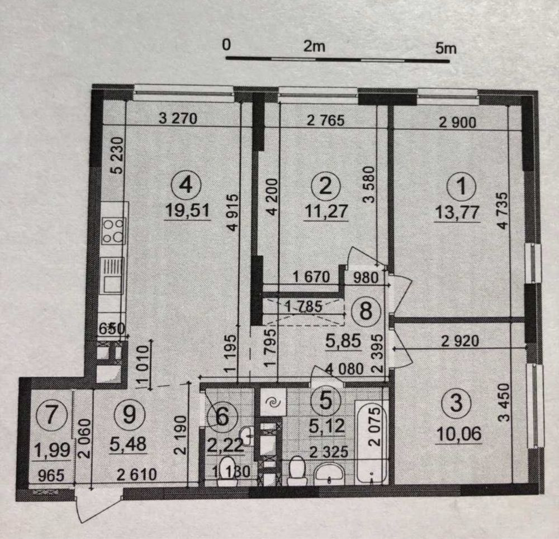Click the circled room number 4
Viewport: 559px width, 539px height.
tap(187, 186)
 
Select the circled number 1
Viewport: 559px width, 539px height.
tap(461, 186)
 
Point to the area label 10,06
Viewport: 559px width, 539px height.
tap(458, 434)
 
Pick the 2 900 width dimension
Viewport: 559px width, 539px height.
tap(457, 123)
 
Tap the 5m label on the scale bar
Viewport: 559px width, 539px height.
tap(446, 48)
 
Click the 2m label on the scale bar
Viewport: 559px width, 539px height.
tap(314, 46)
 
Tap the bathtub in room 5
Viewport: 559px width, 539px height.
tap(372, 442)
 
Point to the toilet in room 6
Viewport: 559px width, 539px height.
tap(228, 472)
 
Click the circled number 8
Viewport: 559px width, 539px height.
tap(366, 311)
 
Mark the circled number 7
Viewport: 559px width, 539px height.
tap(52, 415)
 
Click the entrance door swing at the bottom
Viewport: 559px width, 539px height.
tap(97, 507)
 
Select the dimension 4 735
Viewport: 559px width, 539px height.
tap(503, 211)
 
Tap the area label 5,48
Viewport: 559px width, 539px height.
tap(128, 444)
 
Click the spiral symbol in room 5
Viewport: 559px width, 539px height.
tap(273, 402)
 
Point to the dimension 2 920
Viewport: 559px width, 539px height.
tap(460, 341)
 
